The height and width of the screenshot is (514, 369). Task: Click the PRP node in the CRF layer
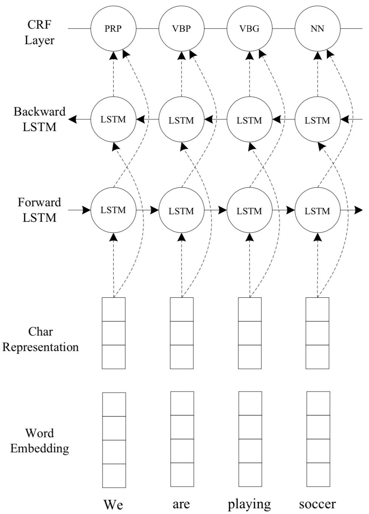point(113,29)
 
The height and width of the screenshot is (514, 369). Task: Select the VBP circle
point(181,29)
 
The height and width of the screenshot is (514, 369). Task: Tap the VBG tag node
point(249,29)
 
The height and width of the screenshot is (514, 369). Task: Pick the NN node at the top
point(317,29)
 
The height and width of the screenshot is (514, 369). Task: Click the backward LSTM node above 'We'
point(113,120)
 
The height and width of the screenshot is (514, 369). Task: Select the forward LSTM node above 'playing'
point(249,211)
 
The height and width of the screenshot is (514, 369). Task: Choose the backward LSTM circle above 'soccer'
point(317,120)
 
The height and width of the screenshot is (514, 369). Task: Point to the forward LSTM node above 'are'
point(181,211)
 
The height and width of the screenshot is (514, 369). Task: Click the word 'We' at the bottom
point(113,504)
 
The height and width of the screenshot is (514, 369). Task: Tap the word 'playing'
point(249,504)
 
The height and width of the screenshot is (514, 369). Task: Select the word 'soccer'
point(317,504)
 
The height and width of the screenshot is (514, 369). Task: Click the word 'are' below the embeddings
point(181,504)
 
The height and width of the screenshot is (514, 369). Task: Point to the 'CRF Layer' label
point(39,33)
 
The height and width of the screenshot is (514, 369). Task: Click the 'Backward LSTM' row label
point(39,119)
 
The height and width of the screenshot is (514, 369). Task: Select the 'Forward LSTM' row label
point(39,210)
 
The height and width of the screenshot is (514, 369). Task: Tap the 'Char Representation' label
point(40,339)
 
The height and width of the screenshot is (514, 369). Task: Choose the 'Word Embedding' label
point(39,441)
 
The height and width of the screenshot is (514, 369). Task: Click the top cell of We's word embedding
point(114,404)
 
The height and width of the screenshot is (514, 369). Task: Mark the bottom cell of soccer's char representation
point(317,357)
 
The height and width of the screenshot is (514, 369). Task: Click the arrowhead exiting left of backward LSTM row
point(73,120)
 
